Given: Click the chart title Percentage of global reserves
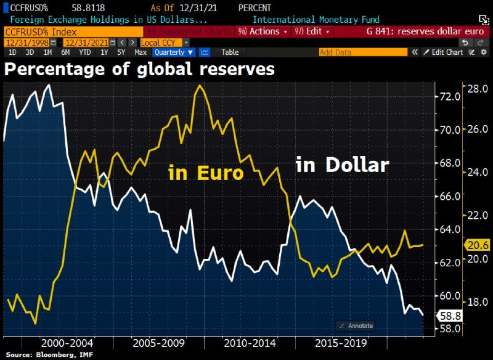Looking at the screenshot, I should pos(139,69).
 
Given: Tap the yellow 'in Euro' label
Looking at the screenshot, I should pos(206,173).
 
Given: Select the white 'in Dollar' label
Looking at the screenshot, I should pos(343,165).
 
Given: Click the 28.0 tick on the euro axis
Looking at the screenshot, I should pos(478,89).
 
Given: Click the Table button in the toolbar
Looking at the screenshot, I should pos(230,52).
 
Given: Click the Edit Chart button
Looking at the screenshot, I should pos(446,52).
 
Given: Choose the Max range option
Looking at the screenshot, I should pos(141,52).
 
